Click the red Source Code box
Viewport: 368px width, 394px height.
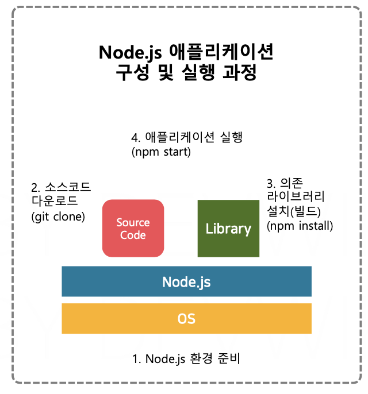click(x=133, y=228)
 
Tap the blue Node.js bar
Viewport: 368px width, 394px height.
click(x=186, y=281)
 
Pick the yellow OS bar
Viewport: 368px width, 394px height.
click(x=186, y=318)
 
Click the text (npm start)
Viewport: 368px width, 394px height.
click(x=160, y=152)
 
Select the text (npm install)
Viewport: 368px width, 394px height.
click(x=300, y=226)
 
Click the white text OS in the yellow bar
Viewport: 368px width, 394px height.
click(x=186, y=318)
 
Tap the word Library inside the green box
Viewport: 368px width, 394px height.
click(x=228, y=229)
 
